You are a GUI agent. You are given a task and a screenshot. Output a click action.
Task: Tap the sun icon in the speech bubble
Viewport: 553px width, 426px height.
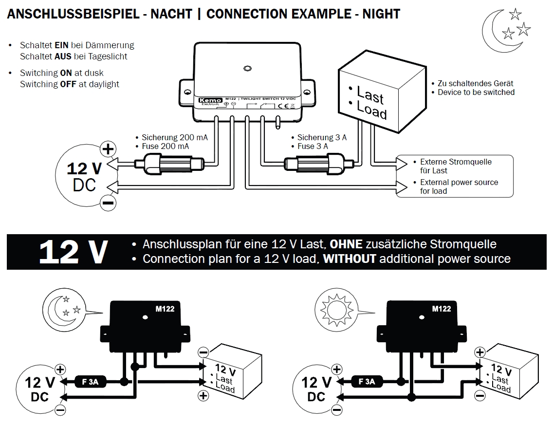pyautogui.click(x=334, y=308)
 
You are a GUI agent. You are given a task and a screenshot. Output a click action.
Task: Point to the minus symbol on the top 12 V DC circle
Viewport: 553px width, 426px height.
pyautogui.click(x=108, y=202)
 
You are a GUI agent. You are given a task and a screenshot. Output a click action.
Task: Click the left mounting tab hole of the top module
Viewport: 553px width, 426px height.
pyautogui.click(x=187, y=91)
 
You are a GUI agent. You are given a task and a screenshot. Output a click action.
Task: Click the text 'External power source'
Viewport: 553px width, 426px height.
pyautogui.click(x=459, y=183)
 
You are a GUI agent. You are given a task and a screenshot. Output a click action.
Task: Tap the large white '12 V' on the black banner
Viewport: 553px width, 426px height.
pyautogui.click(x=73, y=252)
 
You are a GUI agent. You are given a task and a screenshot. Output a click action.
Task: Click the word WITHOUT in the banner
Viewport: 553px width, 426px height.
pyautogui.click(x=350, y=259)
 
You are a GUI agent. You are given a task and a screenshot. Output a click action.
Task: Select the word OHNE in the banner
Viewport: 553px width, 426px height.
pyautogui.click(x=347, y=244)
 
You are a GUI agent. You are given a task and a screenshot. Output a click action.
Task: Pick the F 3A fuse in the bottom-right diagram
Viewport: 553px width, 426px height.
pyautogui.click(x=367, y=382)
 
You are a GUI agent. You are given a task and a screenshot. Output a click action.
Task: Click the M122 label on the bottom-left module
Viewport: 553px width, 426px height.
pyautogui.click(x=165, y=308)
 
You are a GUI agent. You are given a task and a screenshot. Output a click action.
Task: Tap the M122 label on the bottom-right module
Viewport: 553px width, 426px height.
pyautogui.click(x=442, y=309)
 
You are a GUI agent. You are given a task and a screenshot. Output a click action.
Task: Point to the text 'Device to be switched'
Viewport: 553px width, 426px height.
pyautogui.click(x=476, y=92)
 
